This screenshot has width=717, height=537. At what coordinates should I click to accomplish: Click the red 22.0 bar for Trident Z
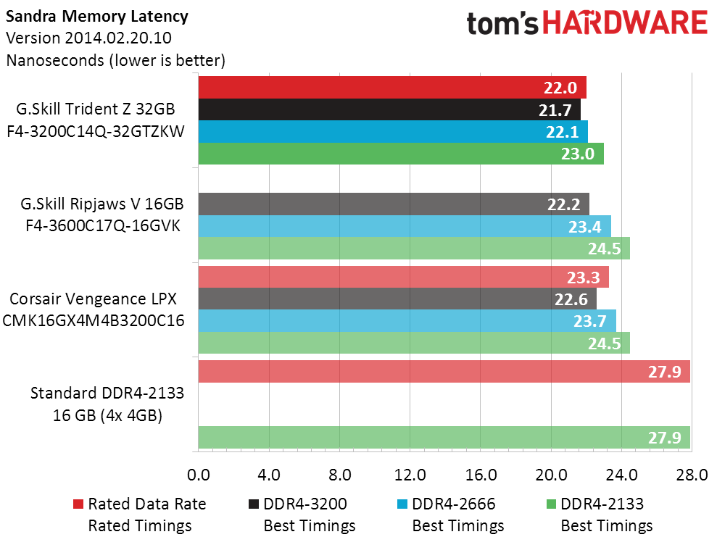pos(391,88)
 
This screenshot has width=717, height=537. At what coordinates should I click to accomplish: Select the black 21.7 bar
pos(389,109)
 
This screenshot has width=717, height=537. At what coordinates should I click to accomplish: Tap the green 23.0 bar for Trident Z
pos(400,154)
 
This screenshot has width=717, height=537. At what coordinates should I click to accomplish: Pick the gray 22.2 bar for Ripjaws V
pos(393,204)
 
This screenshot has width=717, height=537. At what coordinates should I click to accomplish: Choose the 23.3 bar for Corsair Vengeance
pos(402,278)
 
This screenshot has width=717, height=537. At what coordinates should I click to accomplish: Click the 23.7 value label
pos(594,321)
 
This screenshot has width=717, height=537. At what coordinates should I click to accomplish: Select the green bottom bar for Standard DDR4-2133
pos(443,438)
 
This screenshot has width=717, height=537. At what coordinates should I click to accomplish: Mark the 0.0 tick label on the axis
pos(198,475)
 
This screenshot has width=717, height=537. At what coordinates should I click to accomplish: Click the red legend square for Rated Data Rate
pos(78,504)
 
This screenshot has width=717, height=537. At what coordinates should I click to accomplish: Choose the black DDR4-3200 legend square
pos(254,504)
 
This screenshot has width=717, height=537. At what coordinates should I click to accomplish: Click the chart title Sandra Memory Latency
pos(96,16)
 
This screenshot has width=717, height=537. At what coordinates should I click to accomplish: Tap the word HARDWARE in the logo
pos(625,23)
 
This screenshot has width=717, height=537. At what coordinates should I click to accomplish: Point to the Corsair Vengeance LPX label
pos(93,299)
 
